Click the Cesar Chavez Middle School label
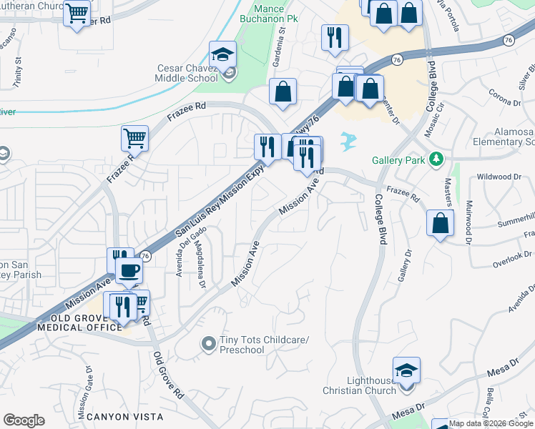tap(187, 74)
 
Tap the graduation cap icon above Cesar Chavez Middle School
tap(223, 54)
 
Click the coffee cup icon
tap(129, 270)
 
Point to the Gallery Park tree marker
tap(435, 160)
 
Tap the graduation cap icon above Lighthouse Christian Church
tap(406, 370)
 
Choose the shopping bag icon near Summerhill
tap(440, 222)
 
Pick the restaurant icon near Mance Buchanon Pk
tap(335, 36)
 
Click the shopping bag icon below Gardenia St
tap(283, 91)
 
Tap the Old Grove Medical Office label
tap(79, 322)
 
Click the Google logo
tap(24, 420)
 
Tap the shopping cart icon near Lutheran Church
tap(77, 12)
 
